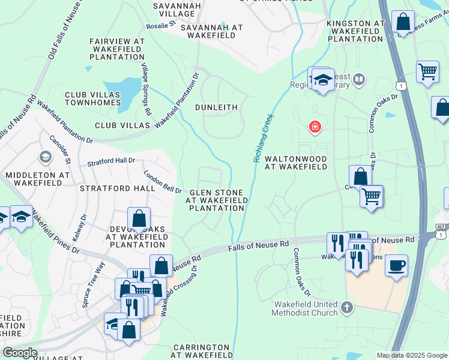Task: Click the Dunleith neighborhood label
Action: click(217, 107)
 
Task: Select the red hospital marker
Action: click(314, 127)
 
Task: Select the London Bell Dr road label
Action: click(163, 182)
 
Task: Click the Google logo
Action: click(20, 352)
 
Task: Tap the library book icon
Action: click(359, 79)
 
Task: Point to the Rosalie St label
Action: click(160, 26)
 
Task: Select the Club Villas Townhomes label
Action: click(93, 99)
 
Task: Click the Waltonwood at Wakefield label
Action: click(296, 163)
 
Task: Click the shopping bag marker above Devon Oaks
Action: click(139, 218)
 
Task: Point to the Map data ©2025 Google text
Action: click(411, 355)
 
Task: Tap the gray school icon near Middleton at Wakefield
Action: click(45, 157)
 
